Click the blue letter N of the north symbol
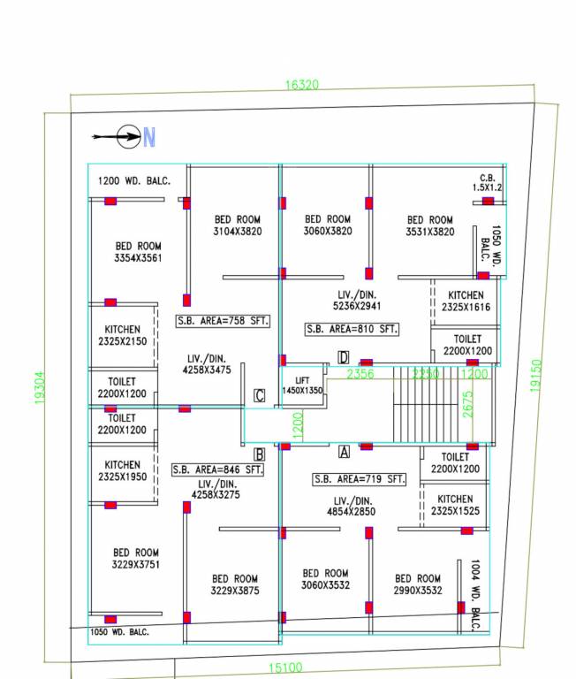pos(149,137)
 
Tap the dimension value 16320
pos(301,85)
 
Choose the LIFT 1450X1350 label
pos(302,385)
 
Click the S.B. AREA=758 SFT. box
pos(223,320)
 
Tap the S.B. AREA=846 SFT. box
pos(219,469)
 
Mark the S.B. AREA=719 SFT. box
pos(360,479)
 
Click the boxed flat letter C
pos(260,395)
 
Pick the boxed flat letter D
pos(343,357)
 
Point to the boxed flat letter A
pos(345,452)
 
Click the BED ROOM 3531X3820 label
pos(429,225)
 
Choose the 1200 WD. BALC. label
pos(134,180)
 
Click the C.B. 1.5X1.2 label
pos(487,182)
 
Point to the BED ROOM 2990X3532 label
pos(417,584)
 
